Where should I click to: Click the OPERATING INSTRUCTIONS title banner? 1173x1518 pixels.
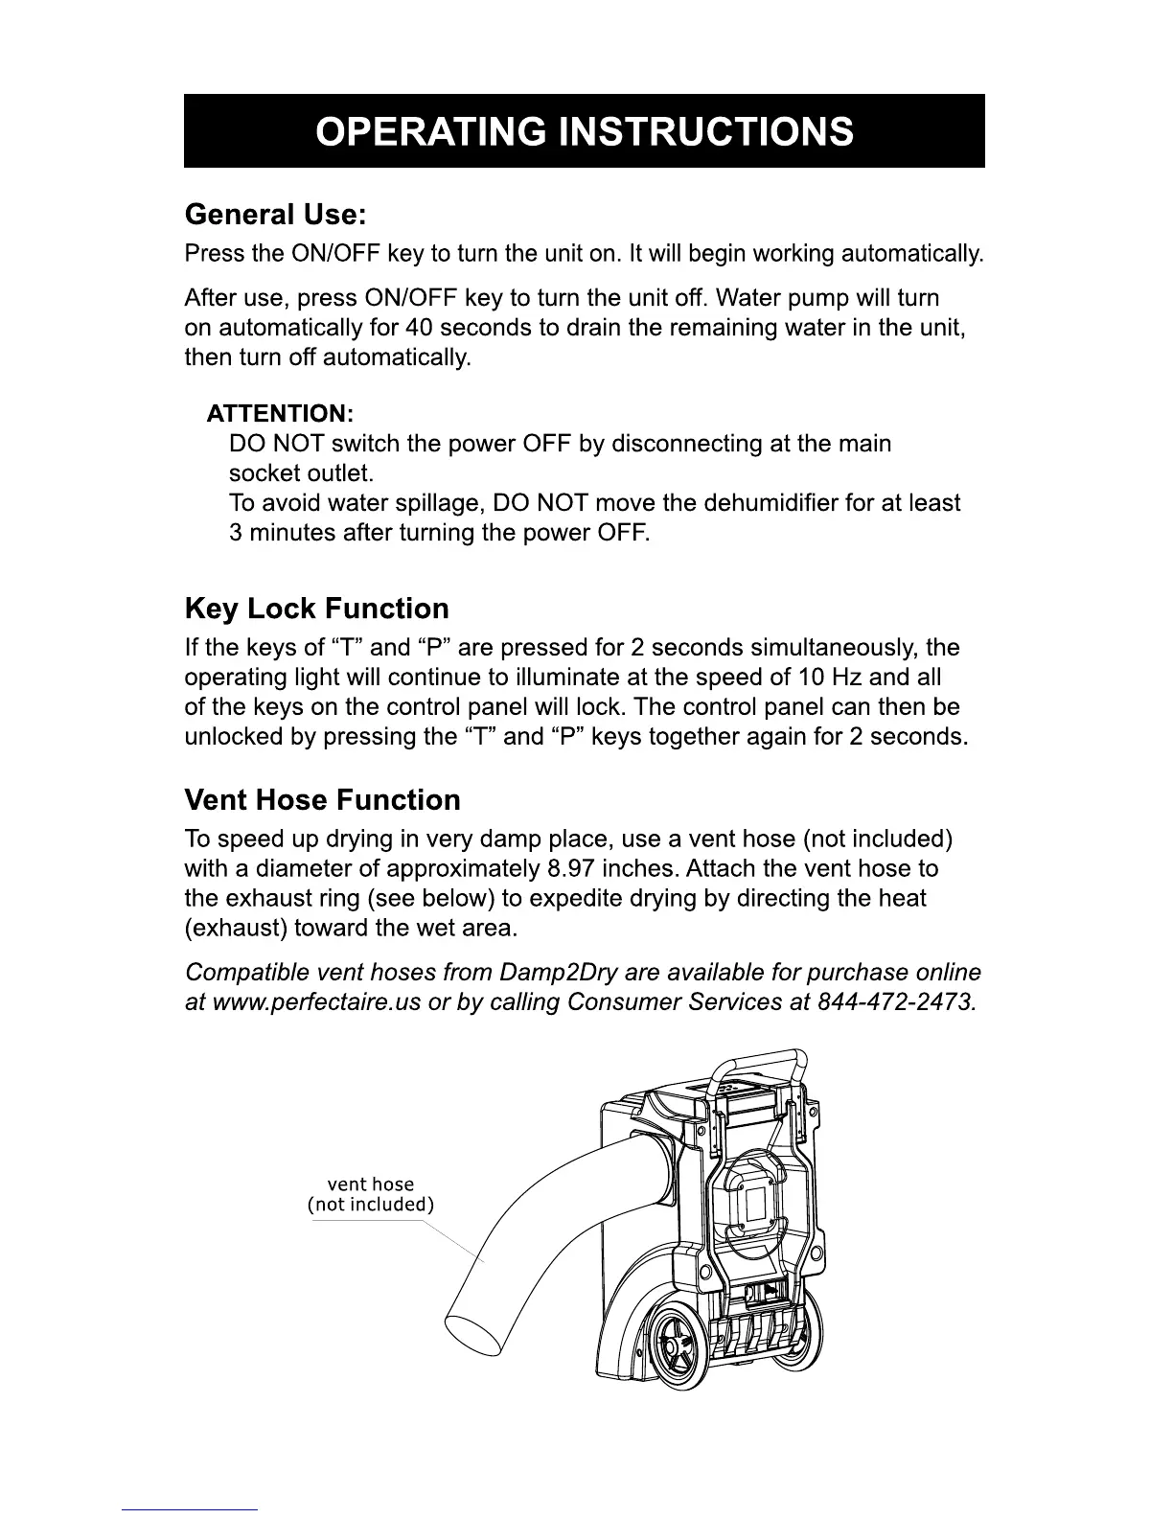pyautogui.click(x=584, y=131)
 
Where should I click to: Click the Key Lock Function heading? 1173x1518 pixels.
pyautogui.click(x=316, y=609)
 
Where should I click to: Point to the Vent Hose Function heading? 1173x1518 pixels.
pyautogui.click(x=322, y=800)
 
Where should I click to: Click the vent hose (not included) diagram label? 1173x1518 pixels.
pyautogui.click(x=371, y=1194)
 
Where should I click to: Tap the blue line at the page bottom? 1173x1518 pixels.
pyautogui.click(x=190, y=1509)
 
